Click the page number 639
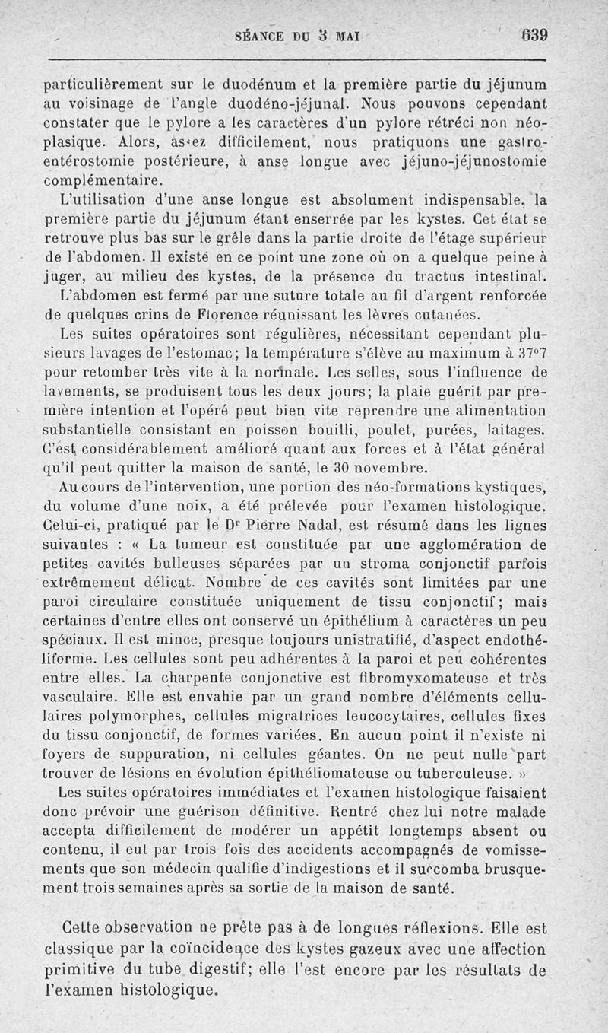click(x=534, y=35)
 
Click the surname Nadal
click(x=286, y=525)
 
